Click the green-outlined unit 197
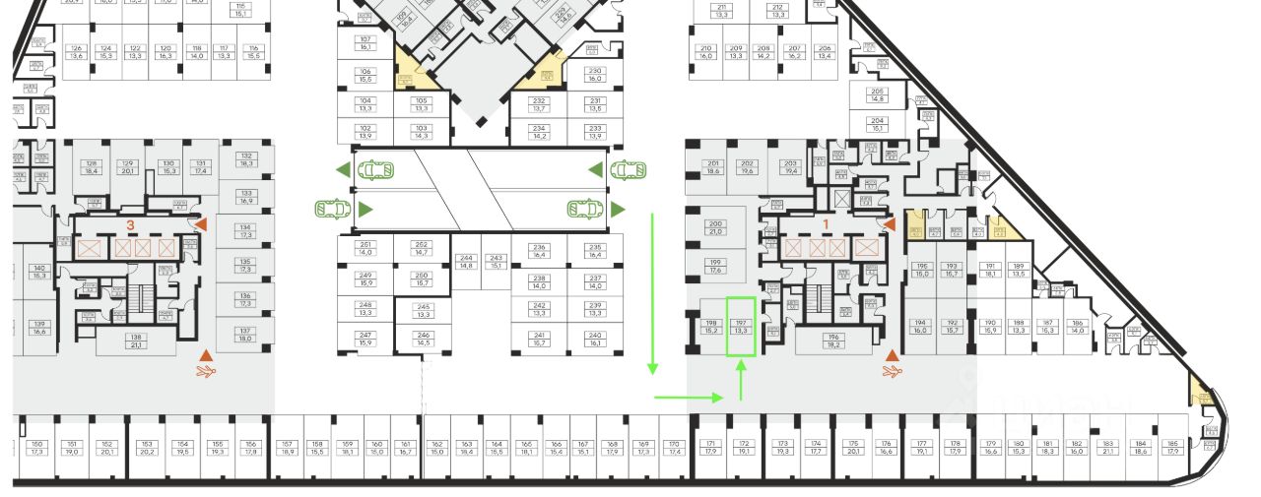(742, 327)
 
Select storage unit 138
(136, 341)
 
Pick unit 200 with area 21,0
(716, 227)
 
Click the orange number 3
(130, 225)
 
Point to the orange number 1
(826, 223)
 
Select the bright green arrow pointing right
(689, 398)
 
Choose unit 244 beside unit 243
(467, 262)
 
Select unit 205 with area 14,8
(878, 95)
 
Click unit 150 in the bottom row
(38, 448)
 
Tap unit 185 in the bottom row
(1171, 448)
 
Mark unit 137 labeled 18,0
(245, 335)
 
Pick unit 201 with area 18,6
(713, 167)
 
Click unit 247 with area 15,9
(365, 340)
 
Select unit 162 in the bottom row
(438, 448)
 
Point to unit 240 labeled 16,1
(594, 340)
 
